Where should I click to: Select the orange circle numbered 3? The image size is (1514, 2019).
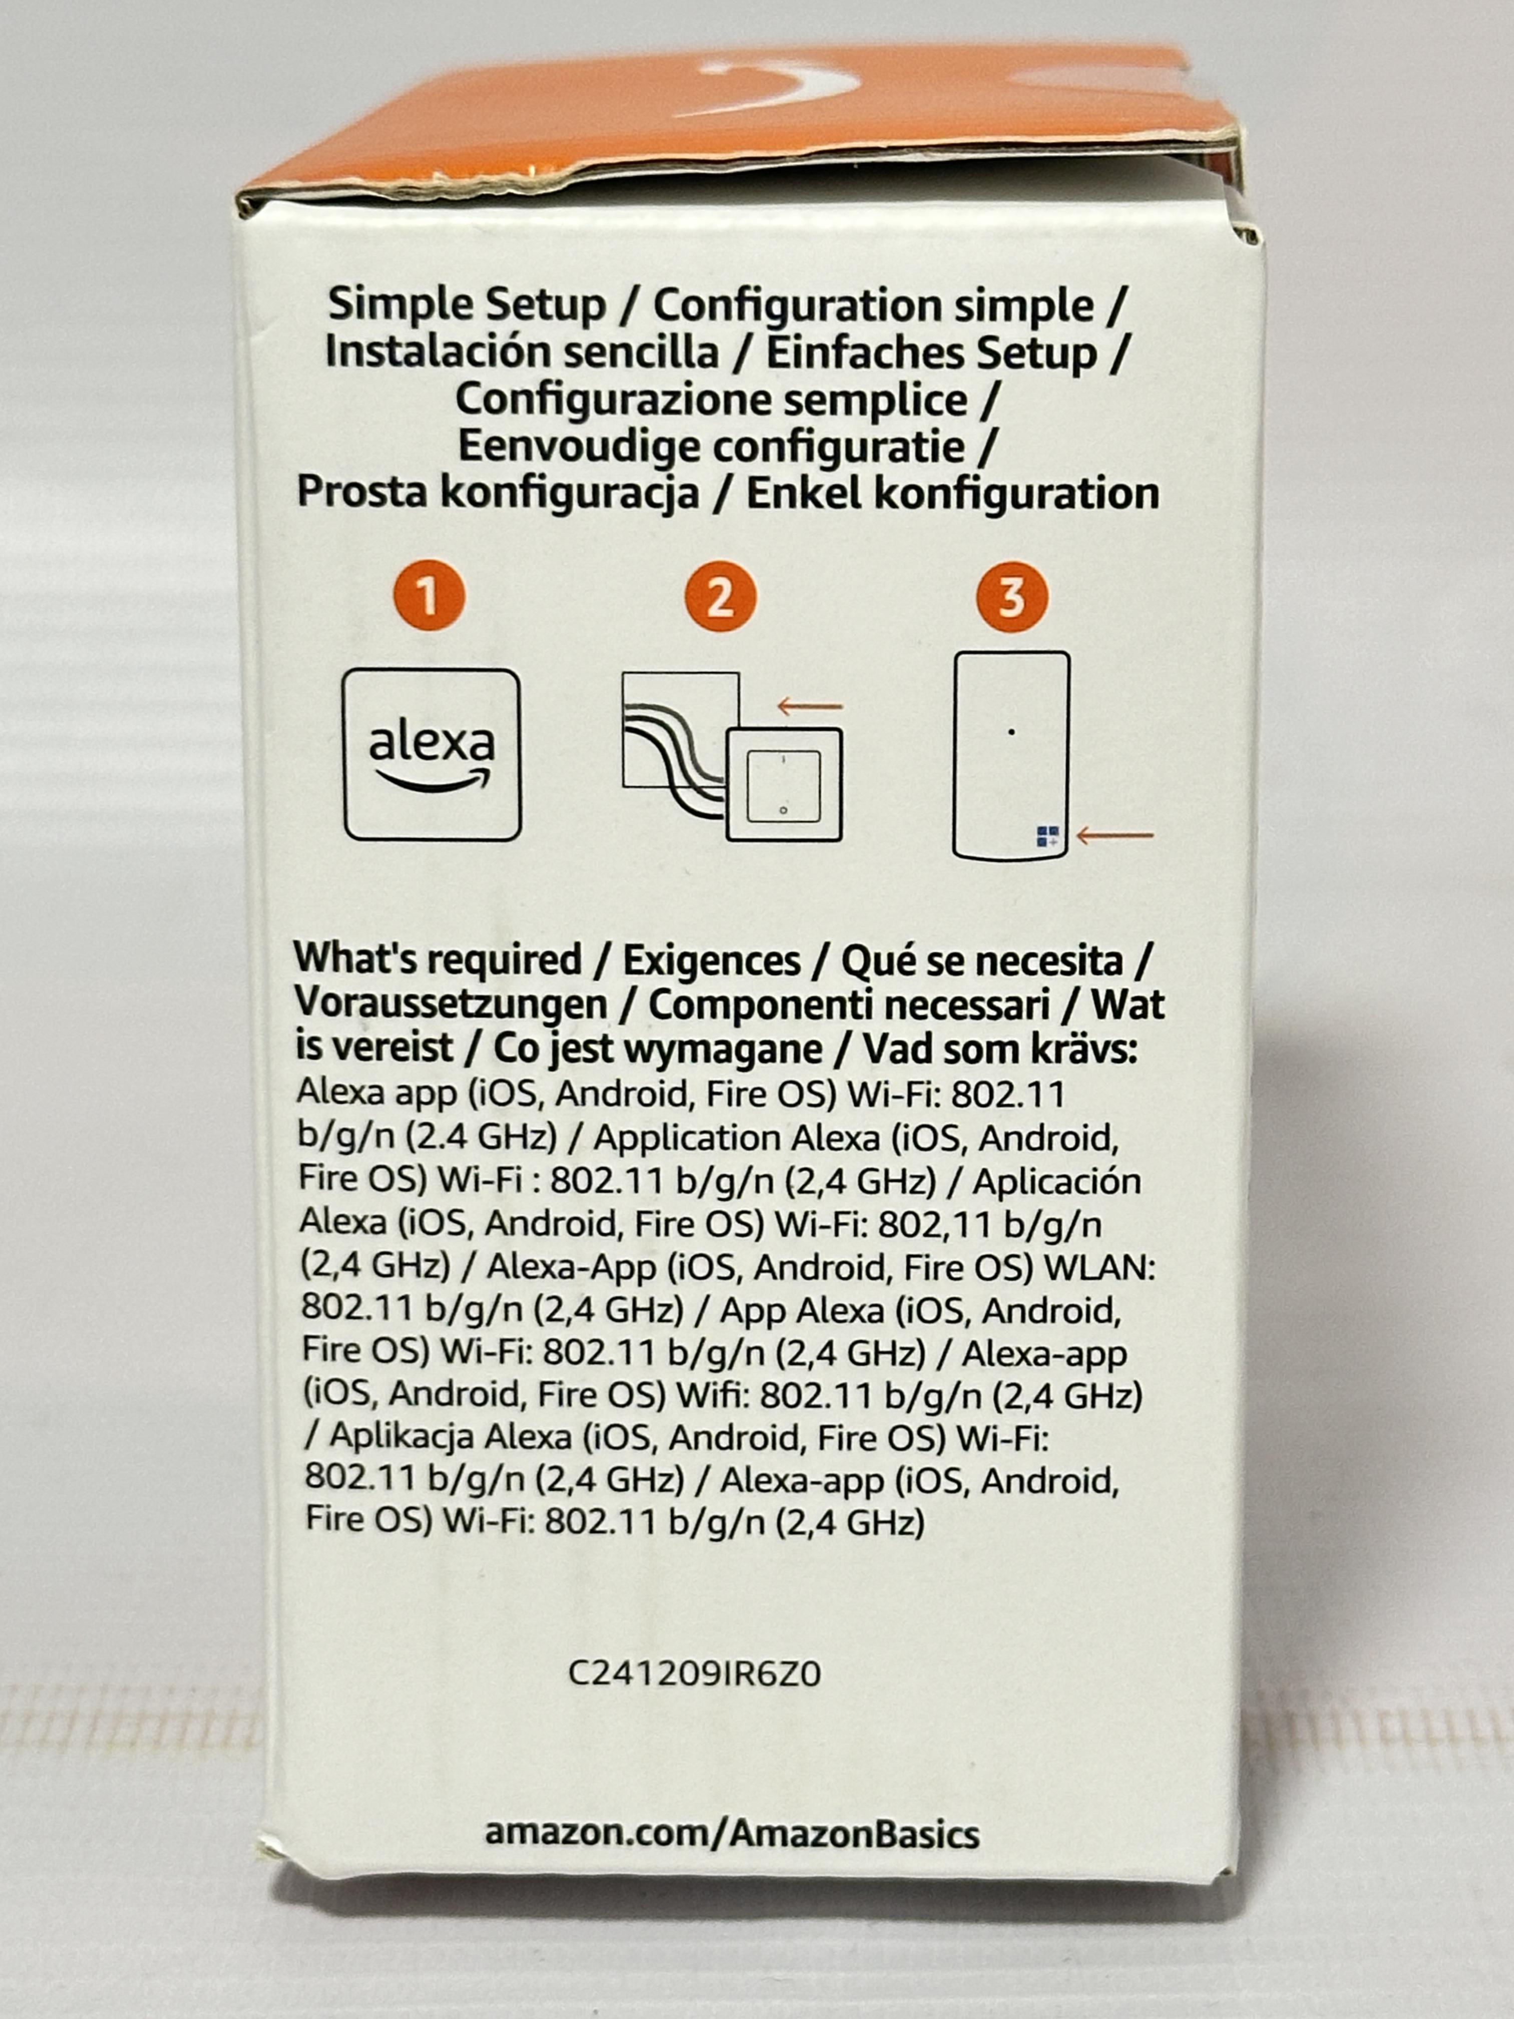click(x=1011, y=598)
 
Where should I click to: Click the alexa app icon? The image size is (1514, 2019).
click(x=432, y=754)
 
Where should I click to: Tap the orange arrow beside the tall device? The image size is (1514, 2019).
click(x=1114, y=834)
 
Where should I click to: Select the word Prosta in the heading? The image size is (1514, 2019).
click(x=361, y=493)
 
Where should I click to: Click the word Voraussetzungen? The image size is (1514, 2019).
click(x=451, y=1005)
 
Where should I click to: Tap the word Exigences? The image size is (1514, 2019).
click(x=712, y=960)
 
